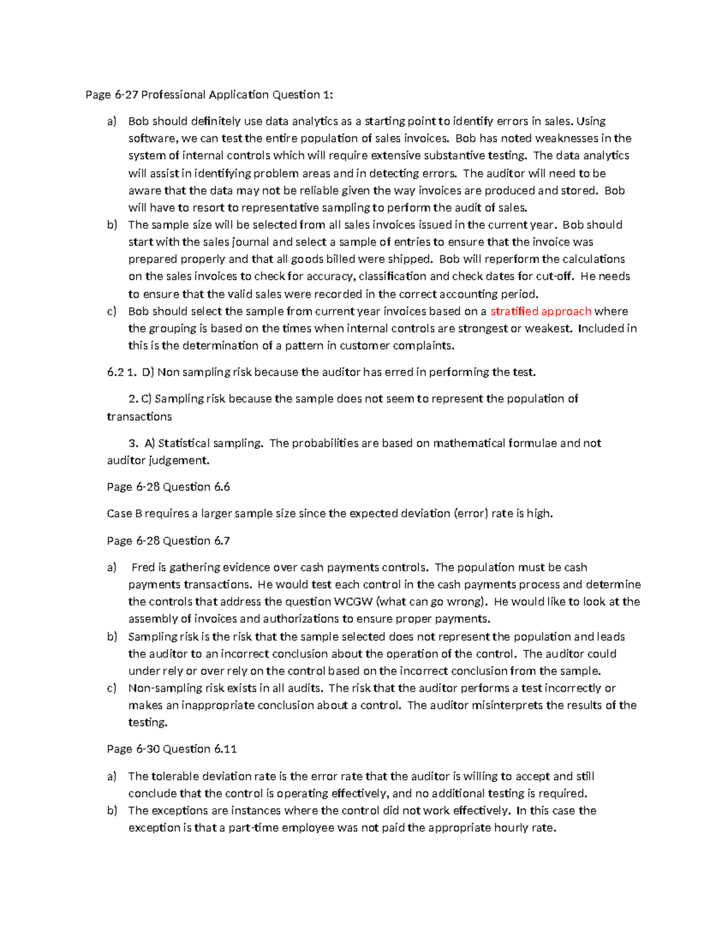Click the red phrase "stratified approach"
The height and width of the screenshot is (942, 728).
[x=541, y=311]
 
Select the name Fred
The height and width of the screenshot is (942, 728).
[x=143, y=567]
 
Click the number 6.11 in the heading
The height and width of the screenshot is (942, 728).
[x=225, y=749]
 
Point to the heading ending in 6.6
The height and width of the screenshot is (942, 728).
[x=168, y=487]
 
